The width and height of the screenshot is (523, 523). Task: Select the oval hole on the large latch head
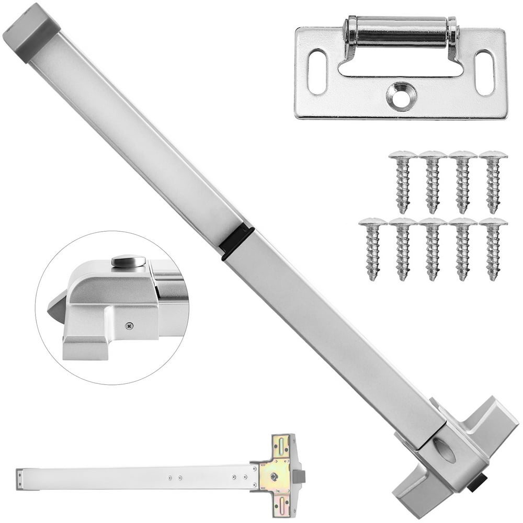(445, 451)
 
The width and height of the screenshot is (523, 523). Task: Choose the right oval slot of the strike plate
(484, 72)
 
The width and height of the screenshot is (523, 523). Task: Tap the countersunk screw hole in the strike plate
(402, 96)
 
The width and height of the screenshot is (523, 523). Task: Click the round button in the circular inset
(128, 261)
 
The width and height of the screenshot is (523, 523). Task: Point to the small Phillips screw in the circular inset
(129, 326)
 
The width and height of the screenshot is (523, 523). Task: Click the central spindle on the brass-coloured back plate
(274, 476)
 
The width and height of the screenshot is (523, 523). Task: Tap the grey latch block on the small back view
(299, 476)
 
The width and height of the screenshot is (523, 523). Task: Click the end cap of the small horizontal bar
(19, 479)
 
